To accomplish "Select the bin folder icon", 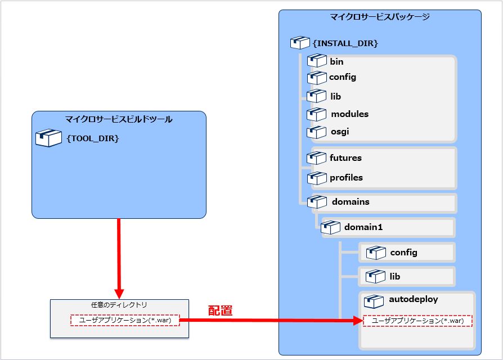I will coord(317,61).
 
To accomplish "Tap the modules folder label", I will coord(349,114).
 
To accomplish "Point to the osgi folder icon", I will coord(317,132).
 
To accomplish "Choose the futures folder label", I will coord(345,158).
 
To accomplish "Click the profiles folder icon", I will coord(317,178).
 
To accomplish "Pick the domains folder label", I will coord(351,201).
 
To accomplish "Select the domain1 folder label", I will coord(363,227).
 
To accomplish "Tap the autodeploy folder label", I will coord(413,299).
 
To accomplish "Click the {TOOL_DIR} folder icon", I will coord(48,138).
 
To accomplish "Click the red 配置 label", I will coord(220,310).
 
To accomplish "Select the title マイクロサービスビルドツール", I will coord(119,119).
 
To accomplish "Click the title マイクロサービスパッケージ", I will coord(380,17).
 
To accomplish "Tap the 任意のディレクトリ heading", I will coord(119,304).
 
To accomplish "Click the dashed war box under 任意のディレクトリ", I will coord(125,320).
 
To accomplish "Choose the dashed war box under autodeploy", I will coord(417,321).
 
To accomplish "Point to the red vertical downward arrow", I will coord(119,259).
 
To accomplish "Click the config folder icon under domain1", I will coord(375,253).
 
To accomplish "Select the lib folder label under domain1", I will coord(395,277).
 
